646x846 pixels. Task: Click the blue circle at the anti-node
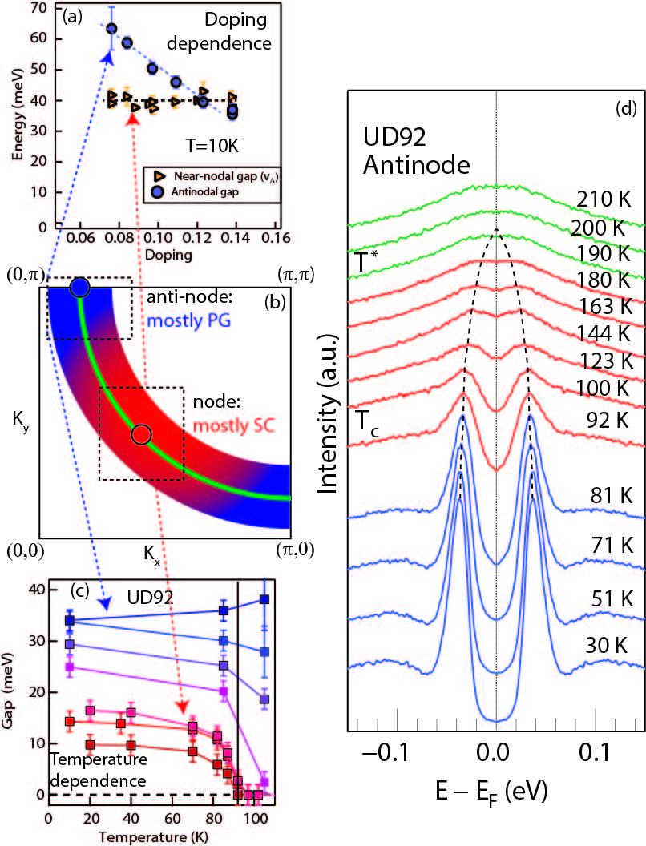click(x=79, y=288)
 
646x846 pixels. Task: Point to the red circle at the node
click(x=141, y=434)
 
